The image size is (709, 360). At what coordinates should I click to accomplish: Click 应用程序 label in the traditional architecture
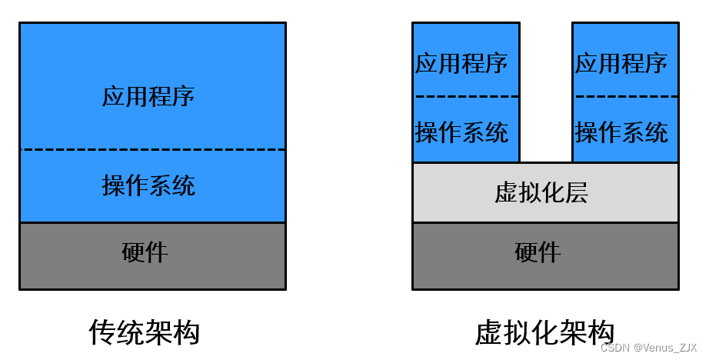click(148, 96)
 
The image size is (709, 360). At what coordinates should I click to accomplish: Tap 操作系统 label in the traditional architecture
click(148, 185)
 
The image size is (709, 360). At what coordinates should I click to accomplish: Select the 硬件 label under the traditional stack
click(145, 252)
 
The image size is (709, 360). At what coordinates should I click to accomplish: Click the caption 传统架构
click(145, 332)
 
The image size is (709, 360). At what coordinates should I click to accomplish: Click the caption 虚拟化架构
click(544, 332)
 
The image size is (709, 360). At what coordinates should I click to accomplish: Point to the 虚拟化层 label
click(541, 192)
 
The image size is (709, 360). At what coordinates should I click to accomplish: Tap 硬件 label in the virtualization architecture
click(538, 252)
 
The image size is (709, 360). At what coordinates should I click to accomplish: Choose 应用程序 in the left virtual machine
click(461, 63)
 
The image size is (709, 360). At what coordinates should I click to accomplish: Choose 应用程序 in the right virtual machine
click(621, 63)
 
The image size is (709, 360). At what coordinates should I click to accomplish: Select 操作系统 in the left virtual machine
click(461, 132)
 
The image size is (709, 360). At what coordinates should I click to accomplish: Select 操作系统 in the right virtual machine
click(621, 132)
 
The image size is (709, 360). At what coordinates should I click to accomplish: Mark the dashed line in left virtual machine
click(466, 97)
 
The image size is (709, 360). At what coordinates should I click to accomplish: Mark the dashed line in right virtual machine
click(626, 97)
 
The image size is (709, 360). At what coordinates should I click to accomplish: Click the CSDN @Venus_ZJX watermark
click(648, 348)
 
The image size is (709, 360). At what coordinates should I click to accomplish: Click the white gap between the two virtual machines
click(545, 92)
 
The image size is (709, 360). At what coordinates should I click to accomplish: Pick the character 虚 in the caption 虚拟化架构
click(489, 332)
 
